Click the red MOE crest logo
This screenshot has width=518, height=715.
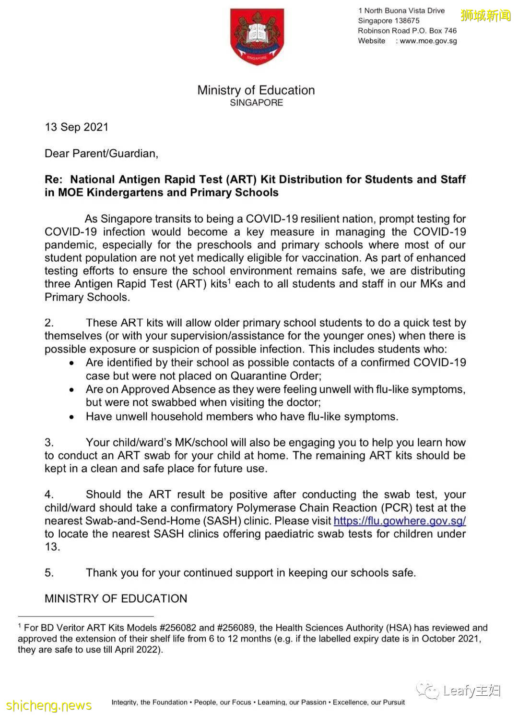click(257, 36)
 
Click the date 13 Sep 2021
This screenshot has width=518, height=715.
click(77, 127)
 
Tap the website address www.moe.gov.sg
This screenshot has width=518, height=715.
click(428, 41)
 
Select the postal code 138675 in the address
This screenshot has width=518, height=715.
click(407, 21)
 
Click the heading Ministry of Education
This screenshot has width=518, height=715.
click(256, 90)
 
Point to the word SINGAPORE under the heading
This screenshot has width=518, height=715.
click(257, 103)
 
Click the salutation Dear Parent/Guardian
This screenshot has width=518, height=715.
click(101, 154)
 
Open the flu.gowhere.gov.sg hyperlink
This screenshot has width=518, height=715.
click(400, 521)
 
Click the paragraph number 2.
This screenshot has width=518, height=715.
click(49, 323)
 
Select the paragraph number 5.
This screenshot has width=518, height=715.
click(49, 573)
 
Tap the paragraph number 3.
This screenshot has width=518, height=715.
click(49, 443)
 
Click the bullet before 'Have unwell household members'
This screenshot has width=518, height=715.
click(72, 417)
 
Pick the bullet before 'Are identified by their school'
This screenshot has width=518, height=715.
click(72, 364)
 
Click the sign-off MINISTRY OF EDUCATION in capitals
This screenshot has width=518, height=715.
click(116, 599)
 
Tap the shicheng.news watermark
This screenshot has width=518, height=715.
click(49, 705)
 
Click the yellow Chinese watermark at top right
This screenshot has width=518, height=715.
click(486, 15)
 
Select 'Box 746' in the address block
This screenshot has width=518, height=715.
click(443, 31)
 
